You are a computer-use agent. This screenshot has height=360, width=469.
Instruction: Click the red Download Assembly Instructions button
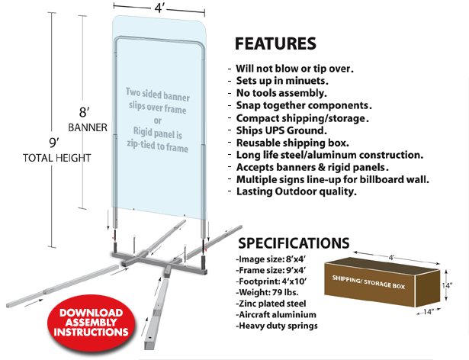point(92,323)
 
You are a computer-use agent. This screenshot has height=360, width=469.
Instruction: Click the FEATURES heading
point(275,43)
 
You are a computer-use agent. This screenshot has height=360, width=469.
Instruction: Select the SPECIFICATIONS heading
point(294,243)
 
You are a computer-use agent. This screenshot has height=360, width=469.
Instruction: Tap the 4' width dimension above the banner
point(159,8)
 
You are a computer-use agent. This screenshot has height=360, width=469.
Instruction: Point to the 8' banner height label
point(85,113)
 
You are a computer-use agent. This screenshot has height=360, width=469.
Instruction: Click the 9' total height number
point(54,143)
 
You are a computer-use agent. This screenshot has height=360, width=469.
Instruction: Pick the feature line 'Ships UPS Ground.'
point(281,130)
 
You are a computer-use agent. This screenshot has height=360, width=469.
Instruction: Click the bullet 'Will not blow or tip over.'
point(294,69)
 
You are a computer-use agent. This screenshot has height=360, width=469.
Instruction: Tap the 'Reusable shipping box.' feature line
point(293,143)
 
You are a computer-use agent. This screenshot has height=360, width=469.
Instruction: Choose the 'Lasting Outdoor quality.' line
point(297,191)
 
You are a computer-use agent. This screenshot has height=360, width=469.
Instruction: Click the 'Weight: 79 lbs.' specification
point(267,292)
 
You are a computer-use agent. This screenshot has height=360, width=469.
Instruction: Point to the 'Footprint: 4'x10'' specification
point(271,281)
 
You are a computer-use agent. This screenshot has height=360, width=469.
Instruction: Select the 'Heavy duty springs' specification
point(277,326)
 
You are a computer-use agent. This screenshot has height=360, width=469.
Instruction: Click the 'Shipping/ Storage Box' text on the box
point(368,282)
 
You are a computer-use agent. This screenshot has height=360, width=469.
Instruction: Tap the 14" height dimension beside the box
point(448,285)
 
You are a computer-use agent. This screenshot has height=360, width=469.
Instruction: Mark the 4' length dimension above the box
point(391,258)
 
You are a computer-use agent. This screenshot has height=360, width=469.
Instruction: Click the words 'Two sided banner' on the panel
point(158,95)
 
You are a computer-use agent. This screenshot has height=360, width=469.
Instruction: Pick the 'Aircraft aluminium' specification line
point(276,314)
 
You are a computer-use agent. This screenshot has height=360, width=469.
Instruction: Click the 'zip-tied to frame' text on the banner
point(158,146)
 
